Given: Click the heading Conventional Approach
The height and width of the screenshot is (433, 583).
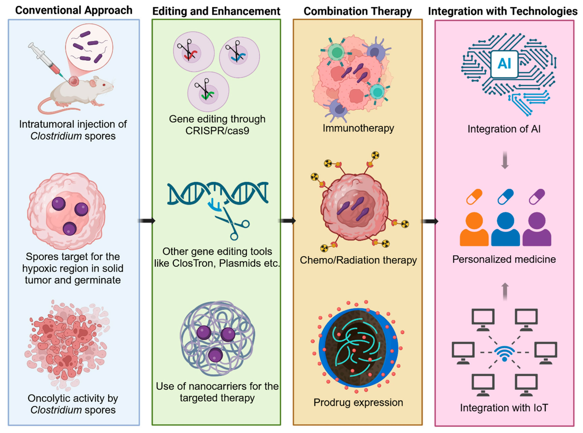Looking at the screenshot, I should [x=74, y=10].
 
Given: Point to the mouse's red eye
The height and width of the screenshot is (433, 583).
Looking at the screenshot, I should [x=104, y=84].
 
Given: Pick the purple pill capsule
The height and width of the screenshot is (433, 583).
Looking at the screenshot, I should [x=537, y=197].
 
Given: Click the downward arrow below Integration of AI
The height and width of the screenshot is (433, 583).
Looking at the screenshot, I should [x=505, y=160].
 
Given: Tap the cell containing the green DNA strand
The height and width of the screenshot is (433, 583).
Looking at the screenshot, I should [x=208, y=92].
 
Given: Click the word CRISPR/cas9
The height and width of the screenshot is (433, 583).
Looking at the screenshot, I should [x=217, y=130].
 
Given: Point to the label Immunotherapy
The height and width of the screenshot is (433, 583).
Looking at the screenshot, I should [x=358, y=128].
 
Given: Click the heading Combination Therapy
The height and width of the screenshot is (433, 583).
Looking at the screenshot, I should [x=357, y=11].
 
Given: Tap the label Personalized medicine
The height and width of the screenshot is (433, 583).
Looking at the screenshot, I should [x=504, y=259].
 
